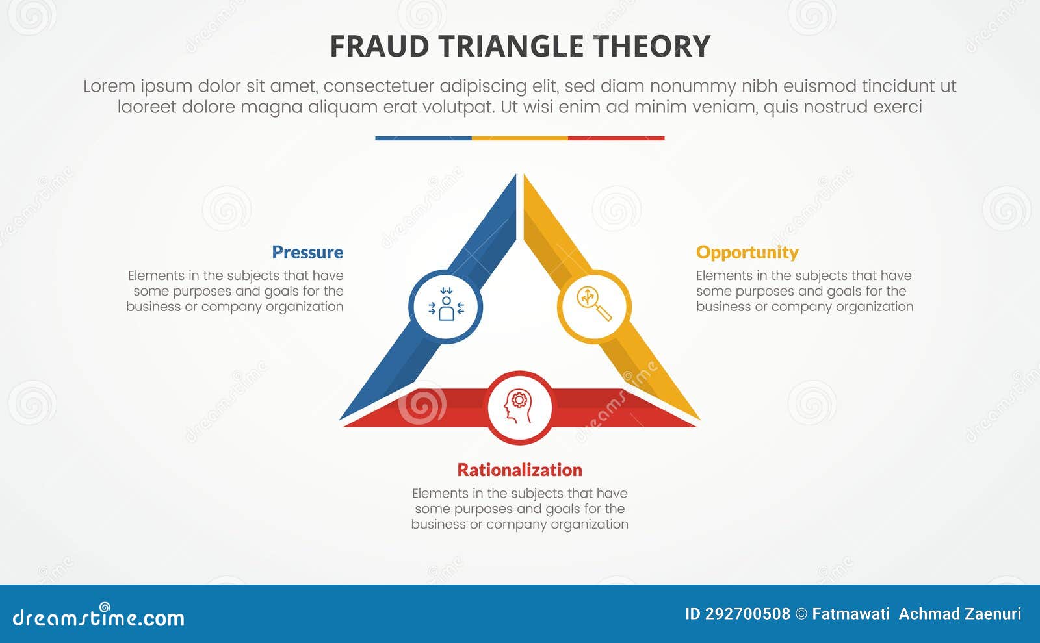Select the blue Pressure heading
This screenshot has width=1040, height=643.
307,252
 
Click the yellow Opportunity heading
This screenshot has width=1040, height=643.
747,252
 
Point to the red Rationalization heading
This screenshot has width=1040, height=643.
519,470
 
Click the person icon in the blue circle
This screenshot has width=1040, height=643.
446,306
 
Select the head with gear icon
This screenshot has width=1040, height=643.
519,407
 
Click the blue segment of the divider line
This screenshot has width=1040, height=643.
423,138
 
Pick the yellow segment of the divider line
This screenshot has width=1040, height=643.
519,138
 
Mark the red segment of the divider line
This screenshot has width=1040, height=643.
616,138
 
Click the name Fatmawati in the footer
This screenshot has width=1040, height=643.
851,614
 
